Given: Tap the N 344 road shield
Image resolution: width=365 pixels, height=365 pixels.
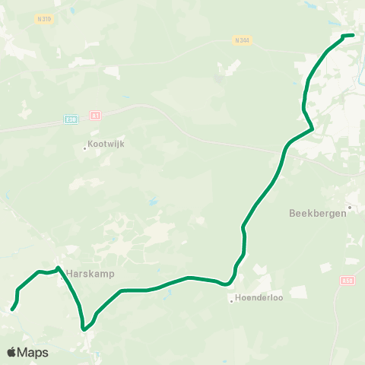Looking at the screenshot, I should pos(243,40).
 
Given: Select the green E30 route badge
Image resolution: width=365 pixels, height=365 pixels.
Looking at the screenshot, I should pos(71,119).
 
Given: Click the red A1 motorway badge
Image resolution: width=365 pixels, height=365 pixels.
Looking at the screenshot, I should pos(95,116).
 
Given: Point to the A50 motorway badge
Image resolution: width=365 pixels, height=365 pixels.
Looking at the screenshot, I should pos(347,280).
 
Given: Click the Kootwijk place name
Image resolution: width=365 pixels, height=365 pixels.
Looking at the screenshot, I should pos(105,148).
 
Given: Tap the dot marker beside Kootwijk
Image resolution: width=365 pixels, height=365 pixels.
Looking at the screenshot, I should pos(85,148).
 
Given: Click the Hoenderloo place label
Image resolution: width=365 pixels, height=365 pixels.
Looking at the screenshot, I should pos(259,298).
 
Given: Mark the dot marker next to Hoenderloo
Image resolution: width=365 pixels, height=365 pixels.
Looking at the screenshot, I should pos(232,299).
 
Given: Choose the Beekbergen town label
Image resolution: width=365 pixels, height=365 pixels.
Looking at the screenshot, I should pos(317,214).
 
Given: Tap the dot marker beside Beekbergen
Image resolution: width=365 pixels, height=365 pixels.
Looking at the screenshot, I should pos(349,206).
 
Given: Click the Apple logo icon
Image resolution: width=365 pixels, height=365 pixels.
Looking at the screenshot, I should pos(12,352).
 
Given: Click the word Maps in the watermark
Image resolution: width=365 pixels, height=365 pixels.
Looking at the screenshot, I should pos(33,352).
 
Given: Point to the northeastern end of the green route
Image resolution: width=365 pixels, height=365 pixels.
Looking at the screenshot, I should pos(354,35).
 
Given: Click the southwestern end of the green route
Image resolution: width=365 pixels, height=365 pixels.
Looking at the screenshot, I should pos(11,309).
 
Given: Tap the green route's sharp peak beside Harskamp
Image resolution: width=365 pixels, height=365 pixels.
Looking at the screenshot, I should pos(59,267).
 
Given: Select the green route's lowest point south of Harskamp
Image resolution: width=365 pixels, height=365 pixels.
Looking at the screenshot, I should pos(84,329).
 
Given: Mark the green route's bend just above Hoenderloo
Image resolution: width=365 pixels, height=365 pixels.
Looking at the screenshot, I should pos(229,284).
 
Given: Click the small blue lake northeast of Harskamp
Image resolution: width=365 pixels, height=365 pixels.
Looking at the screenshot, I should pos(154,204).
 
